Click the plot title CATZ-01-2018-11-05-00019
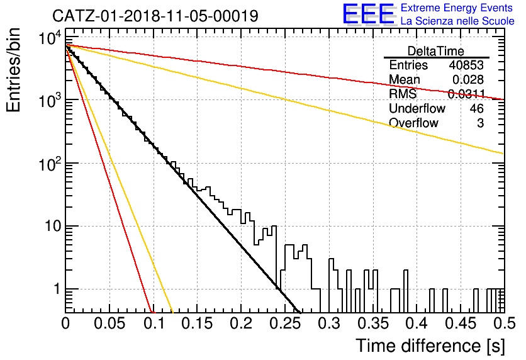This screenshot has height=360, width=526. point(155,16)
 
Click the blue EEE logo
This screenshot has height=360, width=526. point(368,14)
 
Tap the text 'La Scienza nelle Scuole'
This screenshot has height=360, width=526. point(457,21)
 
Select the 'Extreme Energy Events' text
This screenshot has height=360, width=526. point(457,8)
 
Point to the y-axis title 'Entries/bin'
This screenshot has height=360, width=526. point(13,70)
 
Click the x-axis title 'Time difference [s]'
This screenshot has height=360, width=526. point(430,346)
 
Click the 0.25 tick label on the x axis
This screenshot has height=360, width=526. point(286,323)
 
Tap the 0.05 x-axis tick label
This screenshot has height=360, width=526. point(109,323)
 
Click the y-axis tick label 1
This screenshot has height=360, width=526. point(57,289)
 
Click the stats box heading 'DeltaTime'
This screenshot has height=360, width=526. point(435,51)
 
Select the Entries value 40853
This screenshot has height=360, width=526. point(466,65)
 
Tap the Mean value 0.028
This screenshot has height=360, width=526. point(467,79)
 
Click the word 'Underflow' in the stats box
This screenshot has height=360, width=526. point(417,108)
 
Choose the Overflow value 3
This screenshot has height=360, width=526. point(480,123)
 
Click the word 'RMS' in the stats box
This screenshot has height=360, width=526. point(403,94)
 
